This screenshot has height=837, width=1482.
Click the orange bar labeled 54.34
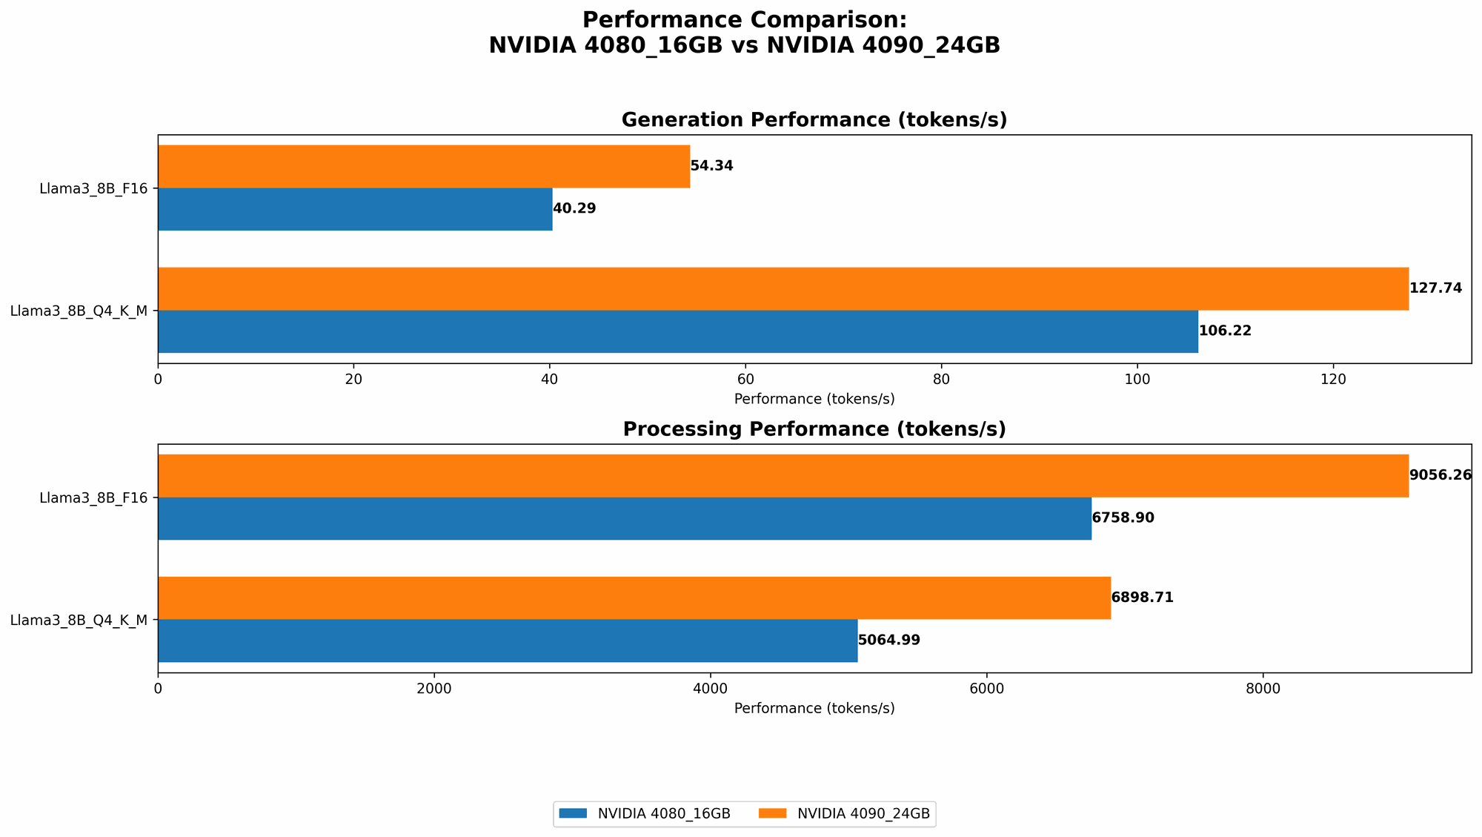pyautogui.click(x=424, y=166)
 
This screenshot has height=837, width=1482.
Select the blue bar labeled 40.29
pyautogui.click(x=355, y=209)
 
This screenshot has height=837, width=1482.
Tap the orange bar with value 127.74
pyautogui.click(x=782, y=288)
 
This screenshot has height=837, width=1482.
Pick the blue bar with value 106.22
pyautogui.click(x=677, y=331)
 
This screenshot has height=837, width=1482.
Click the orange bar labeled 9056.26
pyautogui.click(x=782, y=475)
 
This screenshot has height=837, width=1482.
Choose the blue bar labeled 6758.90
pyautogui.click(x=624, y=518)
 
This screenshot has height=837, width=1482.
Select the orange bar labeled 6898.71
pyautogui.click(x=634, y=598)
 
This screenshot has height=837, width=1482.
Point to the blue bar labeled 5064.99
pyautogui.click(x=508, y=641)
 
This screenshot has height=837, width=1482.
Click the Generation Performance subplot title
pyautogui.click(x=814, y=120)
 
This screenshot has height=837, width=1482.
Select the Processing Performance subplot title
pyautogui.click(x=814, y=429)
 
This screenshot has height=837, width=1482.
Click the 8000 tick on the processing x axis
pyautogui.click(x=1263, y=689)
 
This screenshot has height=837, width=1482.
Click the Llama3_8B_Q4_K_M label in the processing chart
pyautogui.click(x=79, y=620)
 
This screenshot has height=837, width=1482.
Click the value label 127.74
pyautogui.click(x=1435, y=288)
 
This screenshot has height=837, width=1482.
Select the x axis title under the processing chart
pyautogui.click(x=814, y=708)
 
